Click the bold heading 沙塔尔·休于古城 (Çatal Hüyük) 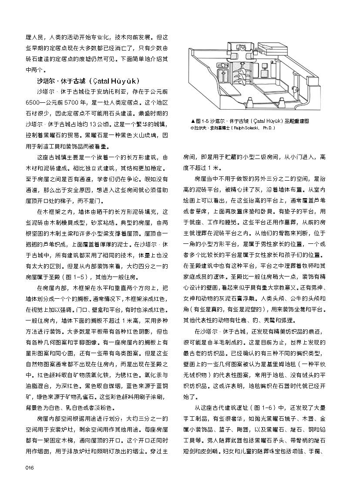(x=88, y=81)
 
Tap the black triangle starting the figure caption (x=193, y=121)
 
